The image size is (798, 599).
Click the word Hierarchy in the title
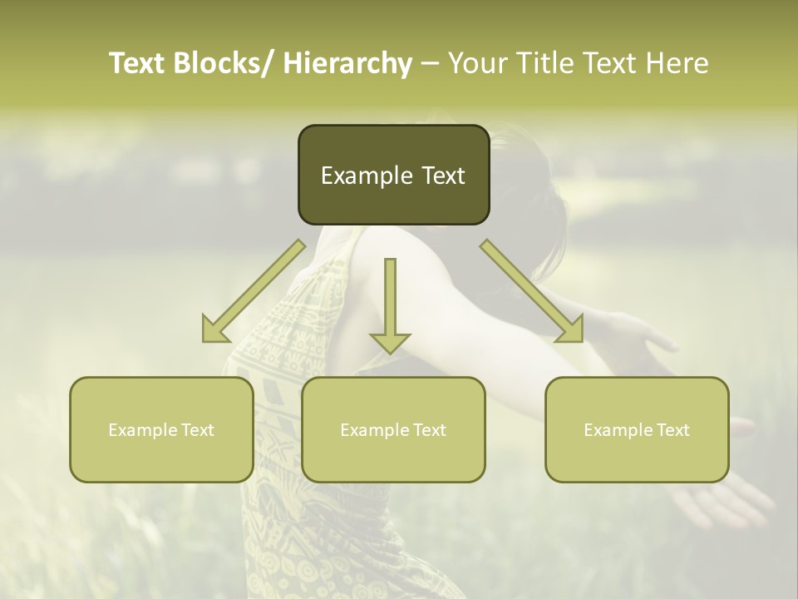(x=347, y=63)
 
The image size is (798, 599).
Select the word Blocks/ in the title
(x=224, y=63)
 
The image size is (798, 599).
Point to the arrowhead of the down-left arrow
(x=214, y=331)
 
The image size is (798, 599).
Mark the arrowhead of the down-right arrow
(x=570, y=331)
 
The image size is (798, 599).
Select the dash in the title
(x=430, y=64)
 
